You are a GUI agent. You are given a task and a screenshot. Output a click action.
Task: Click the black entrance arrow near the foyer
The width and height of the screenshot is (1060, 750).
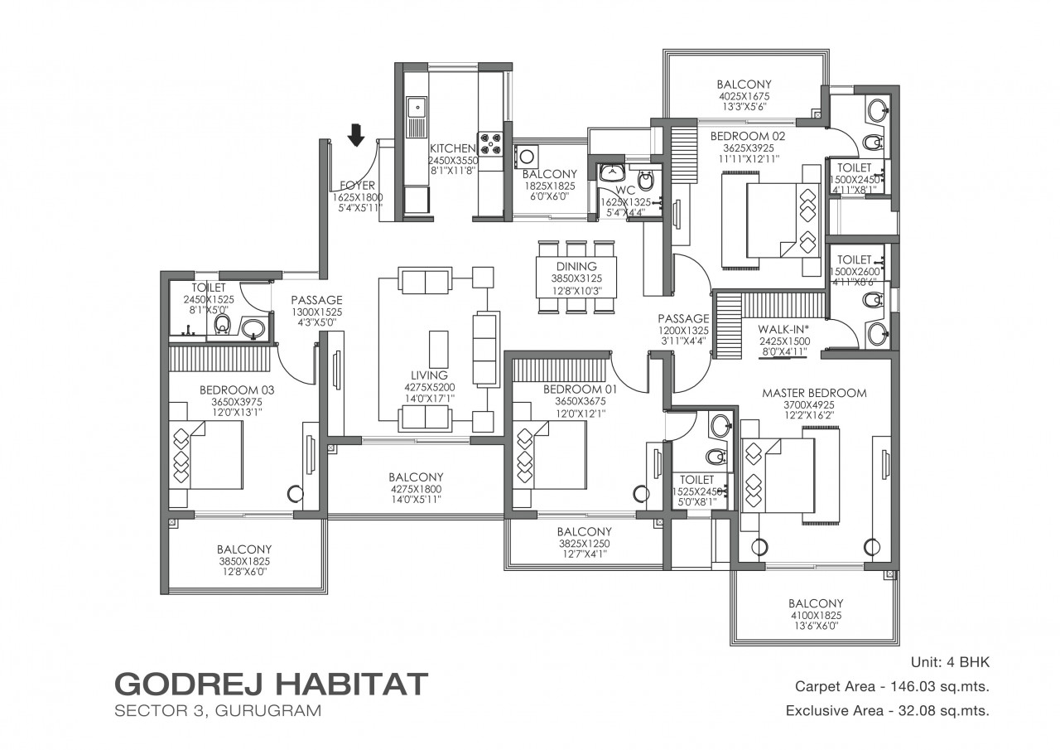(x=356, y=134)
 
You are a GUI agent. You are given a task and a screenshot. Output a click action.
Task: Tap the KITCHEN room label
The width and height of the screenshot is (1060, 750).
(x=452, y=148)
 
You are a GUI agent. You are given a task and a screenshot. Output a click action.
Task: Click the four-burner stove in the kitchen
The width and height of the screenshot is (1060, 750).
(x=489, y=144)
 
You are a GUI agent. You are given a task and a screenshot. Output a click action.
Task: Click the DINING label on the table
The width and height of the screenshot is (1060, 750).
(x=576, y=266)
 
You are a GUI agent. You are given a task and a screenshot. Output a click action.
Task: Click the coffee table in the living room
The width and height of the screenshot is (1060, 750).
(x=438, y=348)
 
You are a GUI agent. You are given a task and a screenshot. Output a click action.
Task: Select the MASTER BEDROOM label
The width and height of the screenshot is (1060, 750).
(x=814, y=393)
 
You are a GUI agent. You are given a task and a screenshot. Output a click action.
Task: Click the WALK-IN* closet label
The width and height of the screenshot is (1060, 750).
(x=783, y=329)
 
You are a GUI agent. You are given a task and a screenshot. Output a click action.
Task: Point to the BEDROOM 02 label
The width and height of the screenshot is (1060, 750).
(x=747, y=137)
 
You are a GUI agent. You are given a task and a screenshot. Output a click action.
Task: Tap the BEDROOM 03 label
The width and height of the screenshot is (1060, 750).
(x=237, y=390)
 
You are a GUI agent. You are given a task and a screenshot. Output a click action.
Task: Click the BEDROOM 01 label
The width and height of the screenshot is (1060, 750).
(x=581, y=390)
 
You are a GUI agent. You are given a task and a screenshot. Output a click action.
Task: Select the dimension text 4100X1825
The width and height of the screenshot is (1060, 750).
(x=816, y=616)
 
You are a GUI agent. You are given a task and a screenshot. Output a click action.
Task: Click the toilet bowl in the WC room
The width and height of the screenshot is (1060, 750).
(x=644, y=180)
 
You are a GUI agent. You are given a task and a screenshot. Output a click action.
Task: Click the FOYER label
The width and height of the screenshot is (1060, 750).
(x=357, y=186)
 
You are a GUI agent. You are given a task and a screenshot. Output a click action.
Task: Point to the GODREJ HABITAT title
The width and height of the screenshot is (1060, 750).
(x=271, y=685)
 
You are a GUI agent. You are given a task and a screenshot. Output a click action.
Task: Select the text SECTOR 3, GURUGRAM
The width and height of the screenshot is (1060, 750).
(x=218, y=711)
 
